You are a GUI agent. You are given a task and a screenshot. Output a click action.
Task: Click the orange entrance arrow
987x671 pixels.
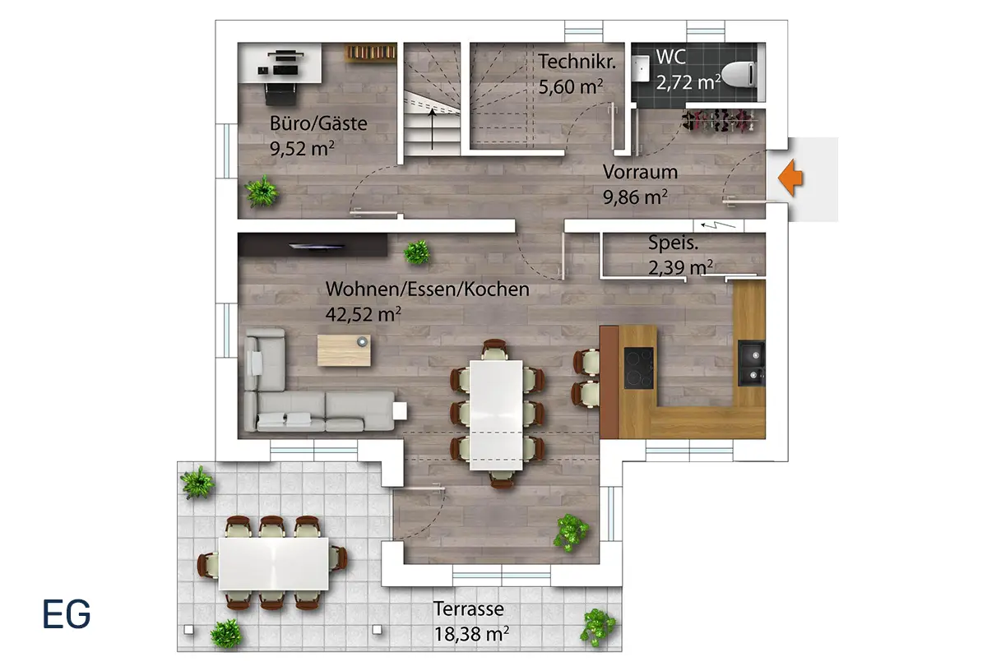pyautogui.click(x=790, y=178)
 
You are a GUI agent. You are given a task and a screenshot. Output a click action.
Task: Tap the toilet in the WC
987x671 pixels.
pyautogui.click(x=739, y=74)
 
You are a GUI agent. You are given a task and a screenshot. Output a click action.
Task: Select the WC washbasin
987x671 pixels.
pyautogui.click(x=640, y=68)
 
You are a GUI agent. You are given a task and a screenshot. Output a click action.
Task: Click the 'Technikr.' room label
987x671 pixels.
pyautogui.click(x=577, y=61)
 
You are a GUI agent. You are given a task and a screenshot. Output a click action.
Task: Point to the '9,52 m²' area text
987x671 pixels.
pyautogui.click(x=302, y=149)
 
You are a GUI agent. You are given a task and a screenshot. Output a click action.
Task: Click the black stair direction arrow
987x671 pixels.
pyautogui.click(x=433, y=129)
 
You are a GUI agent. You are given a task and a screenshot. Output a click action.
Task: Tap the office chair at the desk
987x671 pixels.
pyautogui.click(x=280, y=94)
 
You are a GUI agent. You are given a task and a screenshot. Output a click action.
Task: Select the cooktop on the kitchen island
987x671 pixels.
pyautogui.click(x=639, y=368)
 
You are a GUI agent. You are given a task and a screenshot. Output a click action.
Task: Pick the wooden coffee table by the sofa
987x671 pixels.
pyautogui.click(x=344, y=349)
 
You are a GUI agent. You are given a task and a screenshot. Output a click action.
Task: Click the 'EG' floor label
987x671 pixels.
pyautogui.click(x=67, y=613)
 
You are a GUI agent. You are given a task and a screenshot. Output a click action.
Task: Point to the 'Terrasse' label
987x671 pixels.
pyautogui.click(x=469, y=609)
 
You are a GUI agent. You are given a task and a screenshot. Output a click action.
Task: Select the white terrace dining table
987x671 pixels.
pyautogui.click(x=274, y=563)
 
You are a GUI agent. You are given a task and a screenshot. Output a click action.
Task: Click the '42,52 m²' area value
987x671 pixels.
pyautogui.click(x=363, y=314)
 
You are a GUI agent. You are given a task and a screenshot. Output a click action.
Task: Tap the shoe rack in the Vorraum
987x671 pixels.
pyautogui.click(x=719, y=120)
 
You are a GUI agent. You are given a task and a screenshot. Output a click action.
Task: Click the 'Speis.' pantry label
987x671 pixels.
pyautogui.click(x=673, y=243)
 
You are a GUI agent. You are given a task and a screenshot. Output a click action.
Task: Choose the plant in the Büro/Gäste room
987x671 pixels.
pyautogui.click(x=262, y=192)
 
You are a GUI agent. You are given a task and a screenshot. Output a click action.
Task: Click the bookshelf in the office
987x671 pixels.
pyautogui.click(x=370, y=53)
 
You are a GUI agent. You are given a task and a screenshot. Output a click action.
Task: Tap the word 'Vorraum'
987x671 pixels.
pyautogui.click(x=640, y=172)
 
